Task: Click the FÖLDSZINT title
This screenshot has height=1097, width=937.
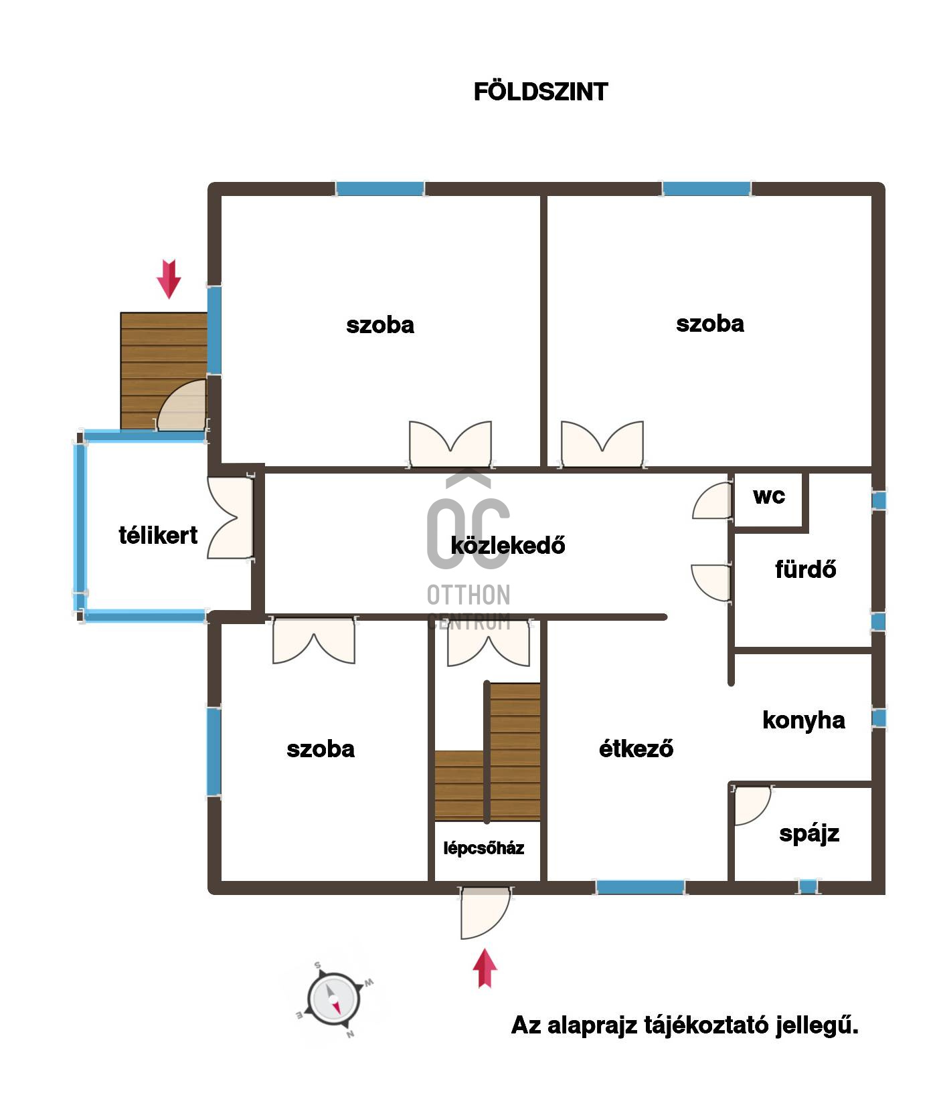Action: tap(540, 92)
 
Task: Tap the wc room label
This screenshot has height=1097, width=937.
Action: tap(768, 496)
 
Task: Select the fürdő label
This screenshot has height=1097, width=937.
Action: tap(805, 569)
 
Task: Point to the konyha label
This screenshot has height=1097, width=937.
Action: tap(803, 720)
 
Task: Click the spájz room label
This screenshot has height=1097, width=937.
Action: tap(808, 833)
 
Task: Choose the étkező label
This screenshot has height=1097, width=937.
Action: tap(635, 749)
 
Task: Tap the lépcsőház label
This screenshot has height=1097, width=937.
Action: tap(483, 848)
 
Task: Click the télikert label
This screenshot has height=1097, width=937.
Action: tap(158, 535)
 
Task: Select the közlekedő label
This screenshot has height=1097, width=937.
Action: tap(507, 545)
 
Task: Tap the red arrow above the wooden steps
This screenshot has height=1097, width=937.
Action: tap(169, 278)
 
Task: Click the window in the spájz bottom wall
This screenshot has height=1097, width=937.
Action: tap(808, 887)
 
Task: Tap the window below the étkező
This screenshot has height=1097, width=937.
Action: tap(640, 888)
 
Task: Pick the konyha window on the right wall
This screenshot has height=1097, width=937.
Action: tap(879, 718)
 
